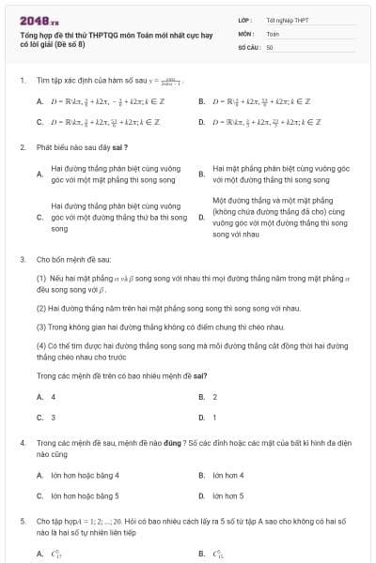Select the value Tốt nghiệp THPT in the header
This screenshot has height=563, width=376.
(x=288, y=19)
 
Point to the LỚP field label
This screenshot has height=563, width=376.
(x=246, y=19)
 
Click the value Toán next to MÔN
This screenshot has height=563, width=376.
(x=273, y=32)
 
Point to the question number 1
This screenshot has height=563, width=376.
(x=22, y=80)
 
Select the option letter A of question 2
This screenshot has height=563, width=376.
(x=39, y=174)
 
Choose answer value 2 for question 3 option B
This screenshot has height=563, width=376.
(x=214, y=397)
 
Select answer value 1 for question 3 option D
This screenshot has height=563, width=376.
(x=214, y=417)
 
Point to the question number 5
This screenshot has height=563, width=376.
(x=22, y=519)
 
